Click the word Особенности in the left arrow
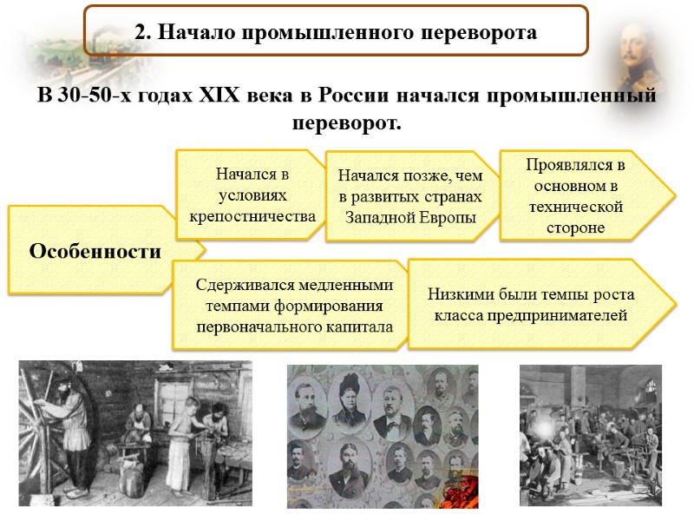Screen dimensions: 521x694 point(95,252)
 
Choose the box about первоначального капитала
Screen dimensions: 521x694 point(294,306)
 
